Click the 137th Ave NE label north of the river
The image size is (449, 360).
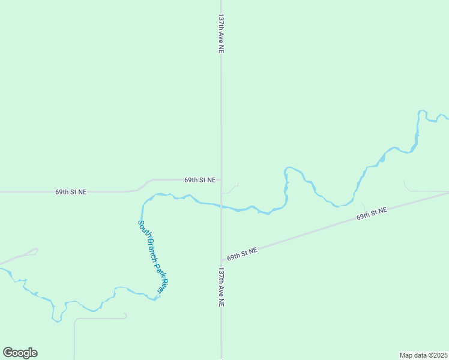pos(221,34)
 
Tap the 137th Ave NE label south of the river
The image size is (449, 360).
pos(221,287)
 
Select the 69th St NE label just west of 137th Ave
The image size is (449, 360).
pos(200,179)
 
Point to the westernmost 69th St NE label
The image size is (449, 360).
pos(71,192)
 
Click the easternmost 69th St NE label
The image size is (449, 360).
pos(372,213)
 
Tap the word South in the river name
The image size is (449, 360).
pos(143,230)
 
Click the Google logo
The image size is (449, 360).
pos(20,353)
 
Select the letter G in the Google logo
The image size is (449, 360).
pos(8,353)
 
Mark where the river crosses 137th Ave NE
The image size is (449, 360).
pos(221,208)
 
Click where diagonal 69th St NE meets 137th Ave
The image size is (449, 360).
pos(221,260)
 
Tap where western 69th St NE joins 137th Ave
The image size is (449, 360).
pos(221,179)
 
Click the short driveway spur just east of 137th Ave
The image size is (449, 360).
pos(232,189)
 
